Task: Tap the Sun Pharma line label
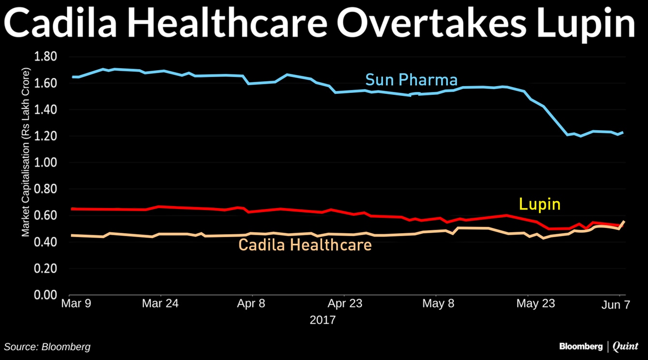pos(411,79)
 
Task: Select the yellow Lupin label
pos(540,204)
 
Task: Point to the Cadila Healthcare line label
pos(305,245)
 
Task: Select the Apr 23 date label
pos(345,304)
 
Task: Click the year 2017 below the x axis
pos(323,320)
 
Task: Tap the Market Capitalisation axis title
pos(26,152)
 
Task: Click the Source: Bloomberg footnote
pos(47,346)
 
